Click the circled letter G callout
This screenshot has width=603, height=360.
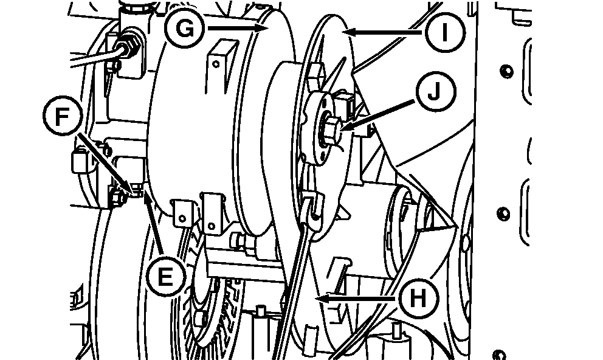[x=185, y=29]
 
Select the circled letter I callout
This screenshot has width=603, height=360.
[x=446, y=32]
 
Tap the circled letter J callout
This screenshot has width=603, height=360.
[x=435, y=92]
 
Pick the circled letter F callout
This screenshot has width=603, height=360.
[x=62, y=116]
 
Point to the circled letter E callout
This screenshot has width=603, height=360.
[x=165, y=277]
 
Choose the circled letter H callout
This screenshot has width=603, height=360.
[x=418, y=299]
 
